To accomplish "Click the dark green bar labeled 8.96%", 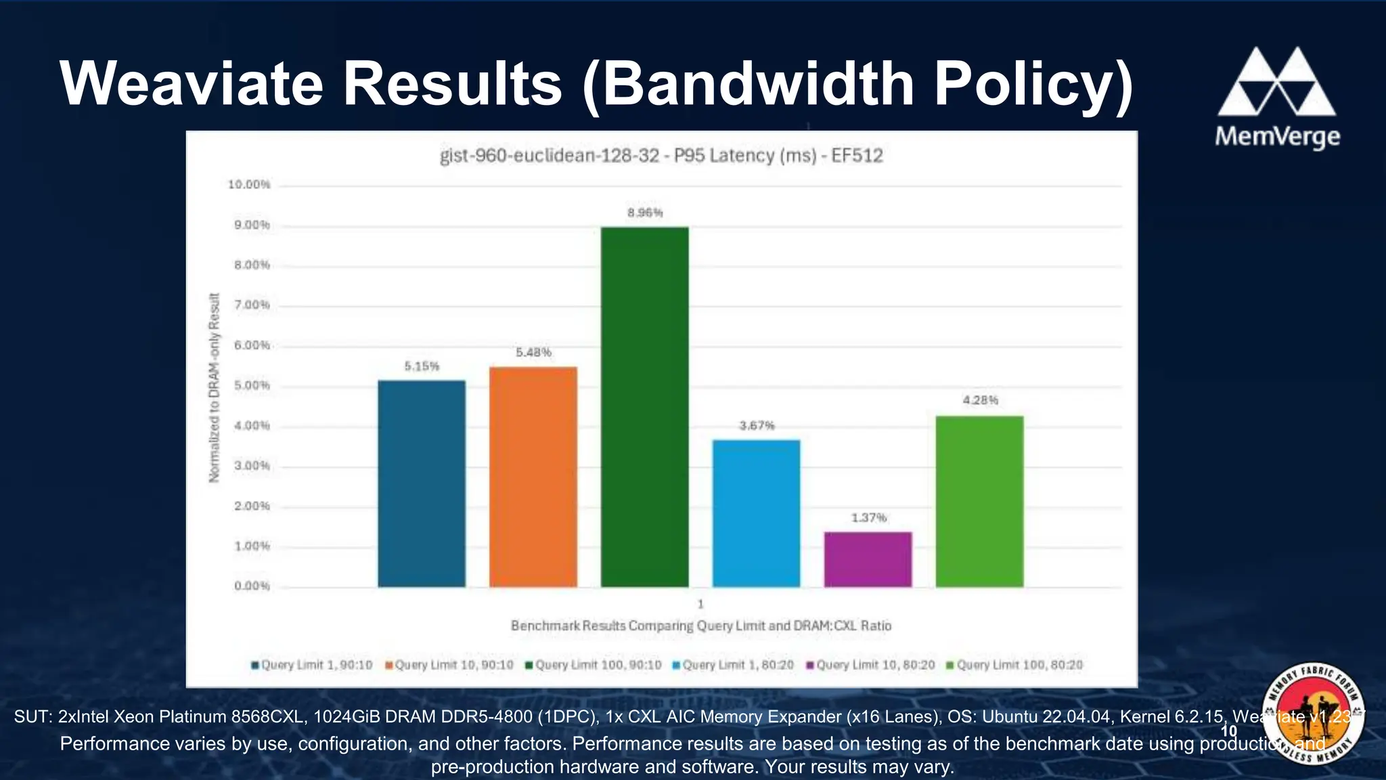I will point(644,406).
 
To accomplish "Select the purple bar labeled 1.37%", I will point(868,559).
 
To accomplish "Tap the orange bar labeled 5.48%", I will point(533,477).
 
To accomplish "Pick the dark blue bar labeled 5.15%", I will point(422,483).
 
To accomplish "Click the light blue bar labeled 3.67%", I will point(756,513).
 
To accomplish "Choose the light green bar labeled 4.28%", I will point(979,501).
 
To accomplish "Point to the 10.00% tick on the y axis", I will point(249,185).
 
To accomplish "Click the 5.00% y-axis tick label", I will point(252,386).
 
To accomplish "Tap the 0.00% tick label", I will point(252,586).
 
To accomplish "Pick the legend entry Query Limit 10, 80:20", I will point(870,665).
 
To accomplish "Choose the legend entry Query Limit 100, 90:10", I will point(593,665).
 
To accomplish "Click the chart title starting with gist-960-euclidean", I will point(661,156).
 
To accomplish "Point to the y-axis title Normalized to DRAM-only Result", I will point(215,387).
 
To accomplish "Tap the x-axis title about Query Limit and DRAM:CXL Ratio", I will point(700,626).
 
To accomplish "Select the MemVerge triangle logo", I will point(1276,82).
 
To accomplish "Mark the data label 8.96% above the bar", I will point(644,213).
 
